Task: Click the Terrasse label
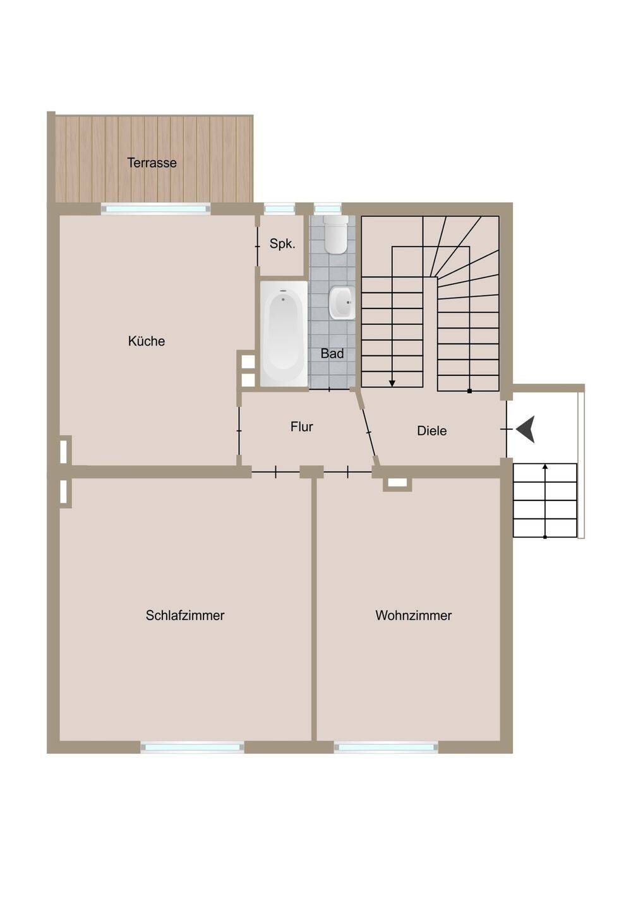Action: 152,163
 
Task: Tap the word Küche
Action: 147,341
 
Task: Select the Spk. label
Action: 282,244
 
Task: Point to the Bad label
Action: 332,353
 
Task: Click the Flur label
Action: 302,427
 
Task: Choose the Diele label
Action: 432,430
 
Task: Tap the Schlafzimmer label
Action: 185,615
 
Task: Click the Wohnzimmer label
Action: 414,615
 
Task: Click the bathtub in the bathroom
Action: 284,334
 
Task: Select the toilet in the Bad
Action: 335,234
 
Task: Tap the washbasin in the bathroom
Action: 342,303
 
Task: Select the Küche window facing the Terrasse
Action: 156,209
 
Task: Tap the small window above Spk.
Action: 279,209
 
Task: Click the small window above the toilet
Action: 328,209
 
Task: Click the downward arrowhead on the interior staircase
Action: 392,383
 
